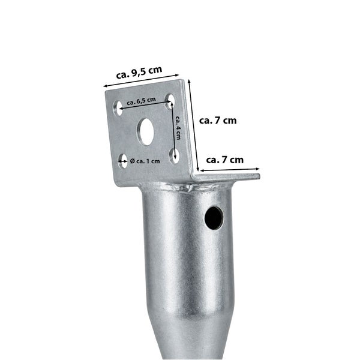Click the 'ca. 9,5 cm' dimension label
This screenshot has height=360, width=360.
pos(139,73)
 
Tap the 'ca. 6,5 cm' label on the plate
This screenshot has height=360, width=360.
pos(142,101)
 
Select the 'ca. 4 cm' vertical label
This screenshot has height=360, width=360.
pos(178,128)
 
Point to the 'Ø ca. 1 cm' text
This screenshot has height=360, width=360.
pos(145,161)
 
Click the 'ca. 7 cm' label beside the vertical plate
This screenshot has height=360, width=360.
pos(218,121)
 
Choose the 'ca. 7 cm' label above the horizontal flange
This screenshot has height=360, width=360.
pos(225,160)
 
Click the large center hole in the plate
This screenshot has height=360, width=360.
pos(146,131)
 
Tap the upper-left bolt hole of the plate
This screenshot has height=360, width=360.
pos(118,108)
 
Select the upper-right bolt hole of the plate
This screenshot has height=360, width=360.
pos(170,101)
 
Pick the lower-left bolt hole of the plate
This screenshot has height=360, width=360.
pos(123,161)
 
